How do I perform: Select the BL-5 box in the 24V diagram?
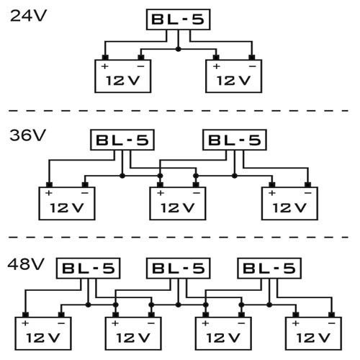[x=178, y=19]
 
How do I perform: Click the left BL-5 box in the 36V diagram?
[x=120, y=139]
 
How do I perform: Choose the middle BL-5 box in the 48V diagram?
[x=178, y=268]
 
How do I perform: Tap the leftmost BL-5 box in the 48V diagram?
[x=89, y=268]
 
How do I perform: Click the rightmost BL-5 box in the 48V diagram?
[x=269, y=268]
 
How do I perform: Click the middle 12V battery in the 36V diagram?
[x=178, y=204]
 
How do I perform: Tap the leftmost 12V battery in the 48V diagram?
[x=43, y=333]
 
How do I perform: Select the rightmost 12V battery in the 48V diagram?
[x=312, y=333]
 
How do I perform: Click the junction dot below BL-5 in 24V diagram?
[x=178, y=49]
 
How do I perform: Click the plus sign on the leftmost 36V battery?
[x=49, y=194]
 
